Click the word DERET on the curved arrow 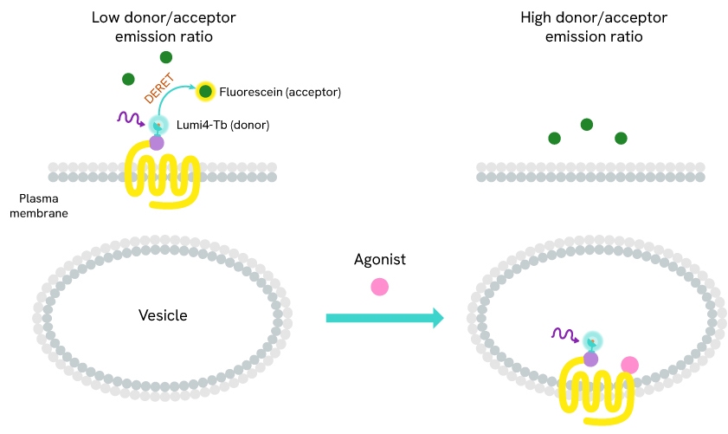[x=160, y=88]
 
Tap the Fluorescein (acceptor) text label [x=280, y=92]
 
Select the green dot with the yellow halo [x=205, y=91]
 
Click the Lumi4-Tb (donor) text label [x=222, y=125]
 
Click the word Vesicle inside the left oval [x=163, y=315]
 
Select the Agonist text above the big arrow [x=379, y=259]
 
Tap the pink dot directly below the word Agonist [x=379, y=287]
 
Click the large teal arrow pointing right [x=384, y=318]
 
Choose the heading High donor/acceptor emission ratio [x=581, y=27]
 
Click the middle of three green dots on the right [x=587, y=125]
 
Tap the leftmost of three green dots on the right [x=554, y=138]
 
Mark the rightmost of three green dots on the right [x=621, y=138]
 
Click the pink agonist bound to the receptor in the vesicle [x=629, y=366]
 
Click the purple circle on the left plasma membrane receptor [x=157, y=143]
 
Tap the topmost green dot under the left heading [x=165, y=57]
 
